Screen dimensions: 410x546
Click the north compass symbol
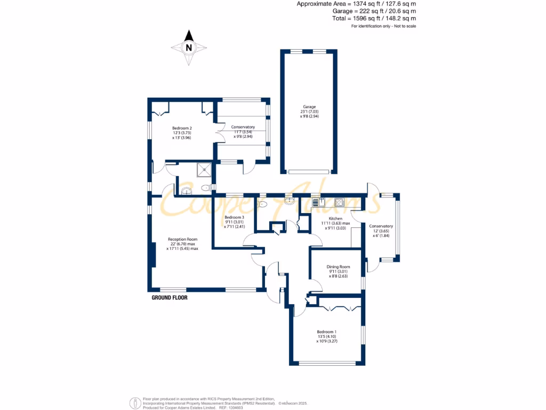(188, 48)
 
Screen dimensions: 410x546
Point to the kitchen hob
(339, 202)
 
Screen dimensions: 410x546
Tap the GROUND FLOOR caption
(170, 298)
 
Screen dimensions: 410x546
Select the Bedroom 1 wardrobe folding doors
(339, 307)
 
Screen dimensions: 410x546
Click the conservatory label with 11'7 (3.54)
(243, 131)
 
